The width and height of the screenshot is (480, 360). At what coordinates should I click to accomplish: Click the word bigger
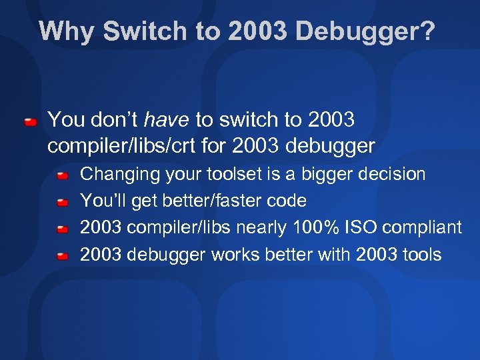[x=328, y=175]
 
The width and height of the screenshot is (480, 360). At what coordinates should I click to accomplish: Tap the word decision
[x=395, y=175]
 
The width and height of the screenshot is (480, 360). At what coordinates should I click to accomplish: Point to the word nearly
[x=258, y=227]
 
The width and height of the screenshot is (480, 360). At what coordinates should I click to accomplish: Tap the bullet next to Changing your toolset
[x=62, y=175]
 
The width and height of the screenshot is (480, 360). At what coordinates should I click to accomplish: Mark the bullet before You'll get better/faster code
[x=62, y=201]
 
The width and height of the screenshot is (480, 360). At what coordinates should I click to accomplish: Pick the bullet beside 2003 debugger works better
[x=62, y=255]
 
